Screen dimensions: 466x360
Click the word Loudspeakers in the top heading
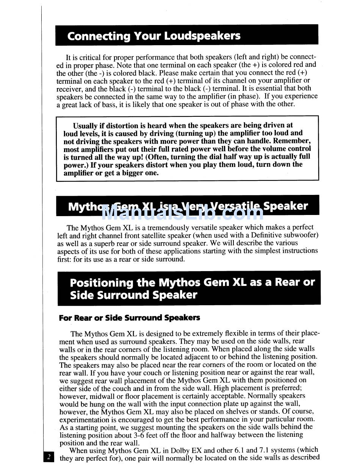point(202,36)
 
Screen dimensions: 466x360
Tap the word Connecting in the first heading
point(93,36)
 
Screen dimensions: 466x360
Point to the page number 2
point(49,457)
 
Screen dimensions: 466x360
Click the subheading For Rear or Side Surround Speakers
point(129,318)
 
